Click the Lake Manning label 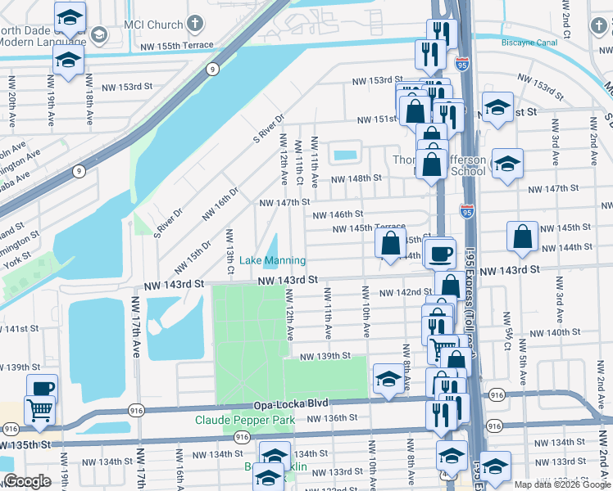[273, 260]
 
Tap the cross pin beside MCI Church [195, 24]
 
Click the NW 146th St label [337, 214]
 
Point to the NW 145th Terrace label [369, 227]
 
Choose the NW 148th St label [356, 178]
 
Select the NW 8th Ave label [406, 360]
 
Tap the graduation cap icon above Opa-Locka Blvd [388, 377]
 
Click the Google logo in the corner [27, 481]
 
